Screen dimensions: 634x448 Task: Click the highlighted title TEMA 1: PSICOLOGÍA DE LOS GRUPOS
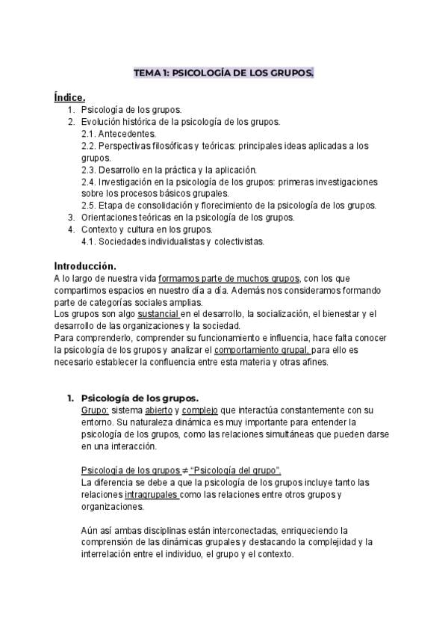[223, 73]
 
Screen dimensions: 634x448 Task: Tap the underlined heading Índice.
[69, 96]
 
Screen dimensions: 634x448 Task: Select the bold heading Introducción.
[85, 266]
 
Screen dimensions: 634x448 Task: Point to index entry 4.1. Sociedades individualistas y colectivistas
[172, 241]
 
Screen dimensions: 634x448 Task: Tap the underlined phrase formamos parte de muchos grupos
[229, 278]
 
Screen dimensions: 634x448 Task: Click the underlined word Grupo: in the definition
[95, 410]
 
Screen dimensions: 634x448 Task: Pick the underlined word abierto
[158, 410]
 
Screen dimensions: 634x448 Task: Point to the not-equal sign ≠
[185, 470]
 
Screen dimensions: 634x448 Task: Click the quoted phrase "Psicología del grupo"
[236, 470]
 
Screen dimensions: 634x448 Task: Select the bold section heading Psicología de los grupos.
[140, 398]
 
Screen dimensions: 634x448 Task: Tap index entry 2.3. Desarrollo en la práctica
[169, 169]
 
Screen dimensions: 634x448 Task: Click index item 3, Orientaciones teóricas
[187, 218]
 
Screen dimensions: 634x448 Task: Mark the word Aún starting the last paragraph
[89, 530]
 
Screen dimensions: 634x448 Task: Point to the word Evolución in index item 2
[100, 121]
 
